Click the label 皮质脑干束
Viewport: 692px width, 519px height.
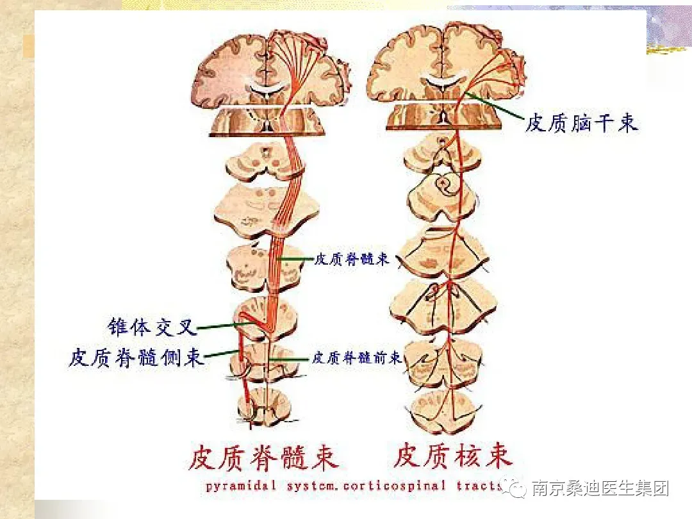tap(582, 122)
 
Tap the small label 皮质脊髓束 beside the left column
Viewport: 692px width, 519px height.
tap(352, 259)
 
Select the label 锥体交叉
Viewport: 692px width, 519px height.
tap(151, 327)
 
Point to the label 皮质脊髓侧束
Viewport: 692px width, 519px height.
tap(136, 357)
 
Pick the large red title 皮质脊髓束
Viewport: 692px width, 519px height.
tap(264, 457)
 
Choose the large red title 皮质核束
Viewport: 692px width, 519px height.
tap(453, 456)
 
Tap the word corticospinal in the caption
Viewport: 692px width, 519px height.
tap(393, 486)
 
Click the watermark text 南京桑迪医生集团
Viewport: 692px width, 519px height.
tap(600, 489)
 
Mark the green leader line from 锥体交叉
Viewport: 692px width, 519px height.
tap(218, 327)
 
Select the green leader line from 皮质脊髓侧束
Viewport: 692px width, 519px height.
tap(221, 353)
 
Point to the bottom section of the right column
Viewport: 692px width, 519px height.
tap(447, 407)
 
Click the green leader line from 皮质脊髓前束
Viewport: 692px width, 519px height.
tap(292, 359)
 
